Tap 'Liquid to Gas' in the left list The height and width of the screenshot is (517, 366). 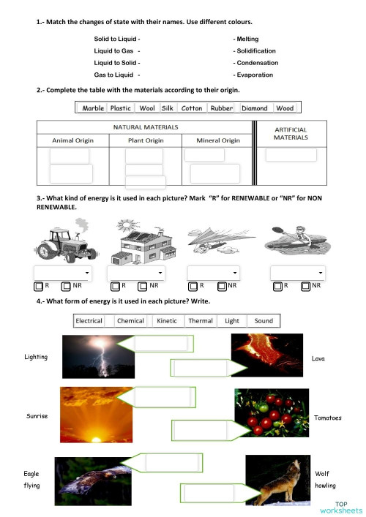[x=113, y=50]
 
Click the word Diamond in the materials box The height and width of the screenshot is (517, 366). [x=254, y=108]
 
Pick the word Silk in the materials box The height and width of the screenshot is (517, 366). [x=167, y=108]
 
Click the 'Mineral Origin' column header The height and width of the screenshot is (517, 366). [x=218, y=140]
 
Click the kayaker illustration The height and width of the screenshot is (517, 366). [x=296, y=244]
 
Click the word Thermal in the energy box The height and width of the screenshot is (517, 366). [x=201, y=321]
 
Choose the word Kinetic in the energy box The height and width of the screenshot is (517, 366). [x=167, y=321]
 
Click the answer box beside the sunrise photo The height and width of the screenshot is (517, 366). [x=163, y=398]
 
